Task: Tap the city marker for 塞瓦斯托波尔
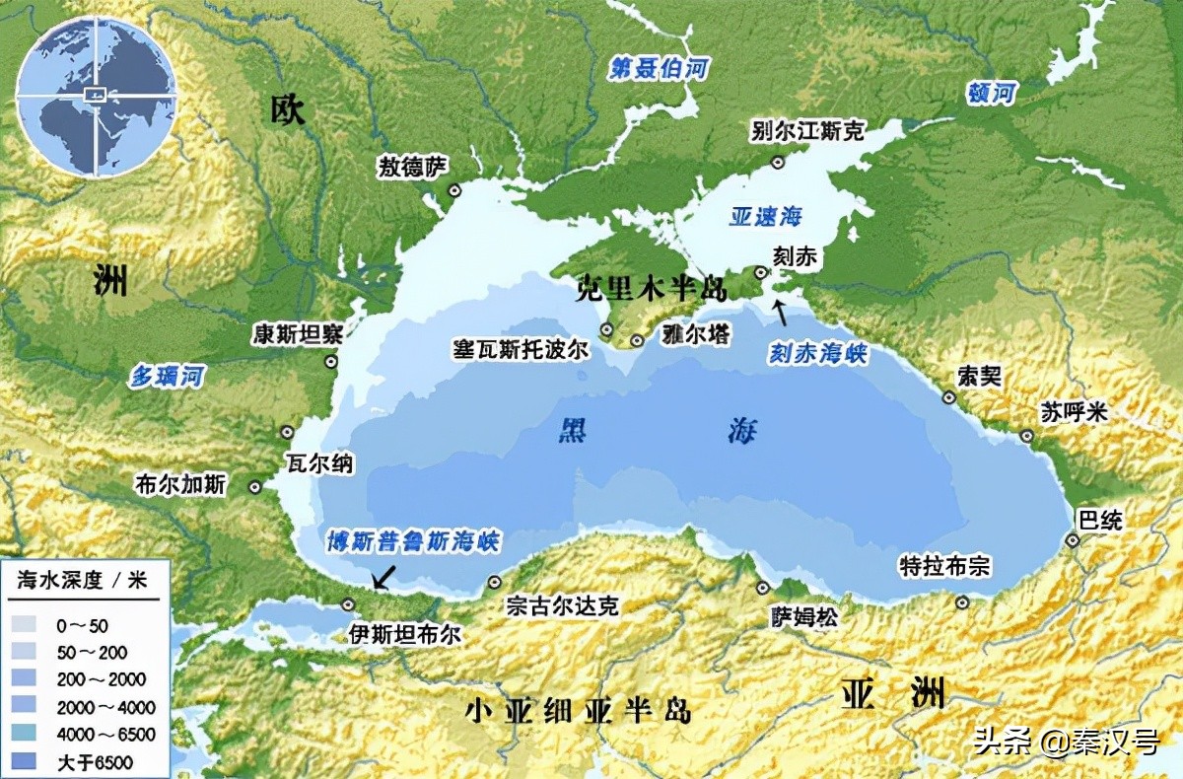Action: (607, 331)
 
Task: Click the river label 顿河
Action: (991, 94)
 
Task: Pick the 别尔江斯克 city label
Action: (806, 131)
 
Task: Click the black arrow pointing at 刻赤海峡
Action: (780, 312)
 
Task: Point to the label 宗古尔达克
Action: (561, 605)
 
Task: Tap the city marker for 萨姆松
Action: (762, 588)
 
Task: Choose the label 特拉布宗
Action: (944, 567)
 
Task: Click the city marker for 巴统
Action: (1073, 540)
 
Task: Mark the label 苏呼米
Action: (1075, 413)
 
